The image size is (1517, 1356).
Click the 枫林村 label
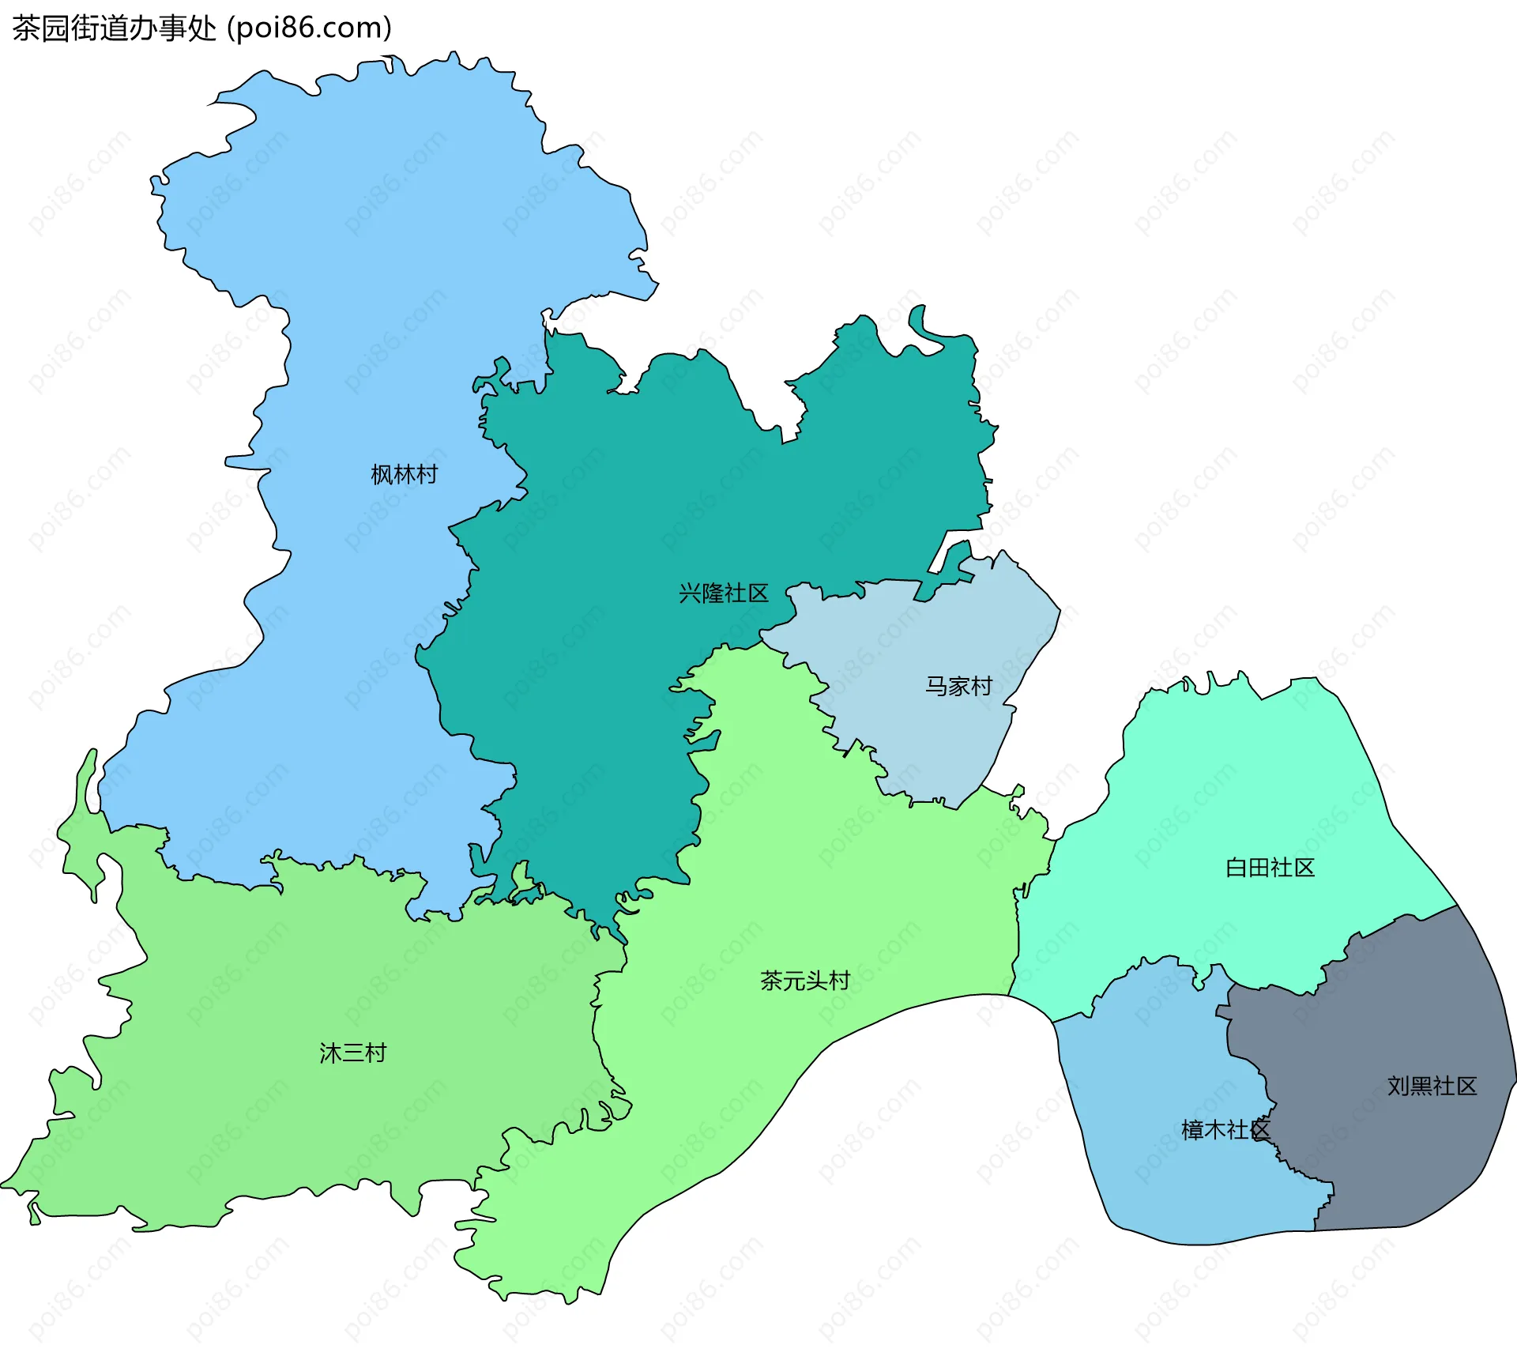coord(404,474)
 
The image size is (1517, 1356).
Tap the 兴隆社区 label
coord(723,593)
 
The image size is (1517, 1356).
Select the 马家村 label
coord(958,686)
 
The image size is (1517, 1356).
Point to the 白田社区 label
coord(1270,868)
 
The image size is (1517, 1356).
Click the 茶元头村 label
coord(804,981)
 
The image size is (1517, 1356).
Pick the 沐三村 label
coord(352,1053)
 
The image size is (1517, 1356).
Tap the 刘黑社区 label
coord(1432,1086)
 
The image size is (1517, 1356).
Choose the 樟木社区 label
coord(1225,1130)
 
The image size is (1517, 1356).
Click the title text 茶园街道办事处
coord(114,28)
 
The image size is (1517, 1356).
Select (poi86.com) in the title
coord(310,28)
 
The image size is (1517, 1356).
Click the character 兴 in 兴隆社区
coord(690,593)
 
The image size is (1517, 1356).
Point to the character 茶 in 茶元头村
coord(771,981)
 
